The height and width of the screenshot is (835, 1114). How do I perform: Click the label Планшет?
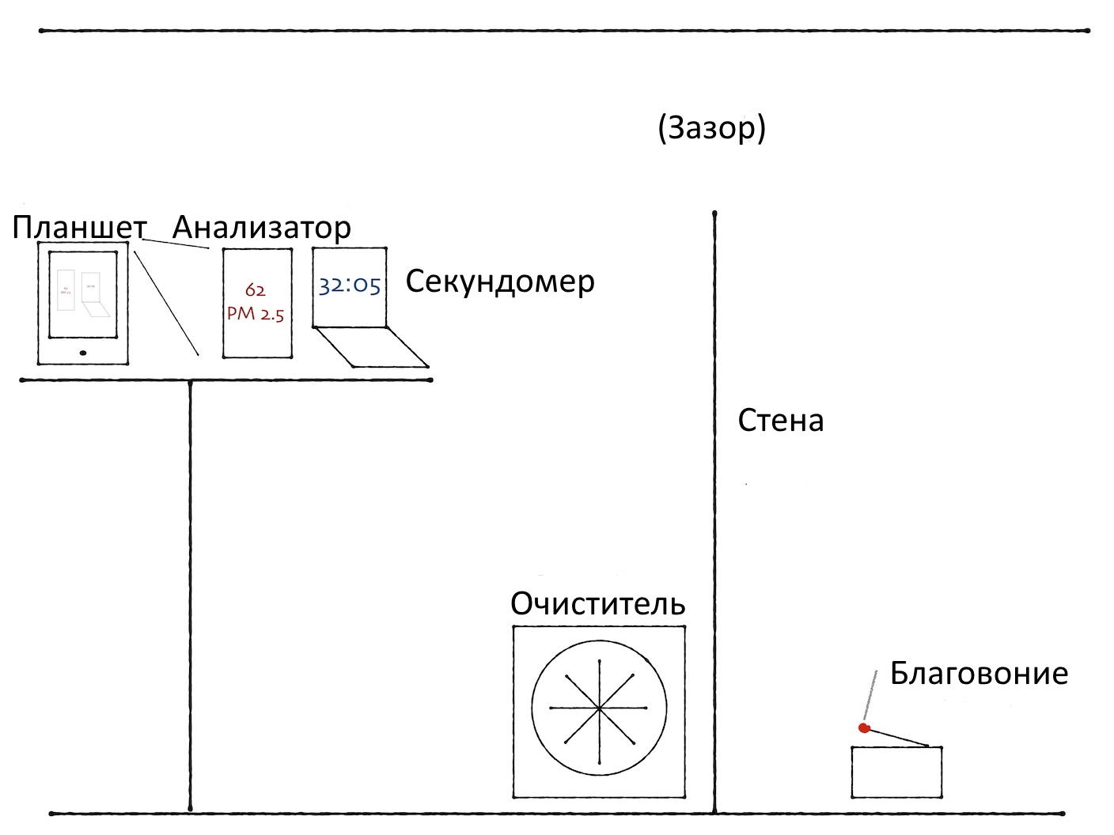[79, 228]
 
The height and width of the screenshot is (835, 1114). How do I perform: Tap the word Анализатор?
[261, 228]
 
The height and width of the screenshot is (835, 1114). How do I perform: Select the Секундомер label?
[500, 281]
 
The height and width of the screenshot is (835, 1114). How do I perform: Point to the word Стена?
[781, 421]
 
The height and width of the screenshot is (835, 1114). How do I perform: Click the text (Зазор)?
[711, 128]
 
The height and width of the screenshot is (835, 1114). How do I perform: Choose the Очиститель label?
[597, 604]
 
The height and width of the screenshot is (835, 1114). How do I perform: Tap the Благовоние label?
[979, 674]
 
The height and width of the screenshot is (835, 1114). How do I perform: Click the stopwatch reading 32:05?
[350, 285]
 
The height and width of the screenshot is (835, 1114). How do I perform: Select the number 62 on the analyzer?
[255, 290]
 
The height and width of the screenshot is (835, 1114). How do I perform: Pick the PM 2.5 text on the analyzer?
[256, 314]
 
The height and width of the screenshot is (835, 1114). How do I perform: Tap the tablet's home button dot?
[83, 353]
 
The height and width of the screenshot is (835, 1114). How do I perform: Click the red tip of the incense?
[864, 728]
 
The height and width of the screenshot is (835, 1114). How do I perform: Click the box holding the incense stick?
[896, 773]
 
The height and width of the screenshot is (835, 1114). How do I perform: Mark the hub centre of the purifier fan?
[599, 707]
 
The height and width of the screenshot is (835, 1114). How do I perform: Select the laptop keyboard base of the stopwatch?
[372, 348]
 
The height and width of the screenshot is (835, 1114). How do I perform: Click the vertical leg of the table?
[191, 593]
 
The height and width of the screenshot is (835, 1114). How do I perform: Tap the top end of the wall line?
[714, 214]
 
